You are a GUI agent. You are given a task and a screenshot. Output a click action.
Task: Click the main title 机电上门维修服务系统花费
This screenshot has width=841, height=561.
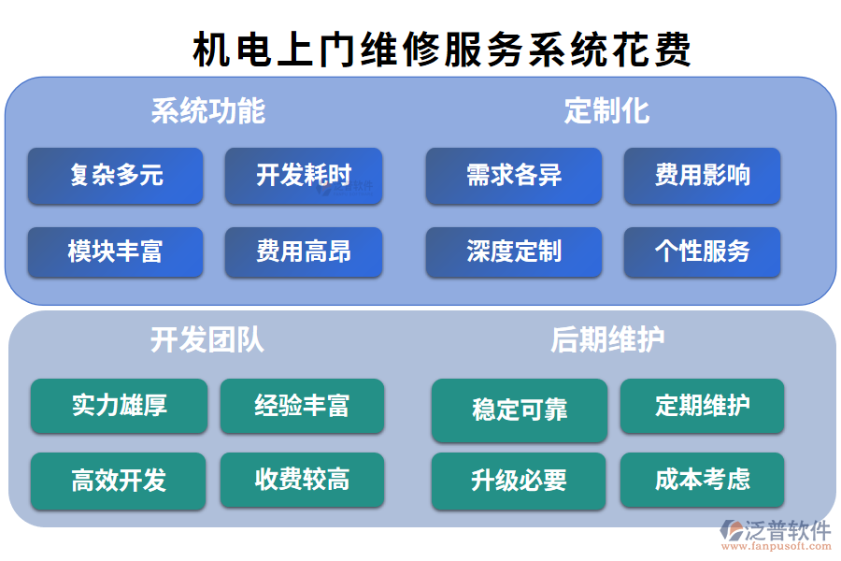441,49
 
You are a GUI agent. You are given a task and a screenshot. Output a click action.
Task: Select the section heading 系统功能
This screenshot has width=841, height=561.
207,111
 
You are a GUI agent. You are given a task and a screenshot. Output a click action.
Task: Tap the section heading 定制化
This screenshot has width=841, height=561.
606,111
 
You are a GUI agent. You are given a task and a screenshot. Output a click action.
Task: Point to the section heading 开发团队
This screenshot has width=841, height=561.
207,339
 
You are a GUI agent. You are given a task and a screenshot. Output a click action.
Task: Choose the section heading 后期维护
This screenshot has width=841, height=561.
607,339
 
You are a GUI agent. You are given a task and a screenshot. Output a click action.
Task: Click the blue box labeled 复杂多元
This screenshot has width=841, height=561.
115,176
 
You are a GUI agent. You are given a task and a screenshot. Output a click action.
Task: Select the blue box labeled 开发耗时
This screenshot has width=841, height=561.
304,176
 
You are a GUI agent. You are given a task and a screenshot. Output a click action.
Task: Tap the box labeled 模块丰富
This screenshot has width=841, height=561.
115,252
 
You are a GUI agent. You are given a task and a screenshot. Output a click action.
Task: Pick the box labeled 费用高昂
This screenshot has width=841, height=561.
304,252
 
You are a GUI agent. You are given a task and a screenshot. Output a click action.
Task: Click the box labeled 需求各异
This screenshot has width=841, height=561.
514,176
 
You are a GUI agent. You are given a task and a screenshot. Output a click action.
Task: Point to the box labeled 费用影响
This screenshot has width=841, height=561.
702,176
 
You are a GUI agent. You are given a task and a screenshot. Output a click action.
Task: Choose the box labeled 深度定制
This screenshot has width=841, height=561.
514,252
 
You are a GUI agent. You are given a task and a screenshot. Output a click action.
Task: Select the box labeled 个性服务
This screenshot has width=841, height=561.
702,252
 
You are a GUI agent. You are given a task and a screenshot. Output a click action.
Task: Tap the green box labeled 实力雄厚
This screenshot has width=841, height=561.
119,406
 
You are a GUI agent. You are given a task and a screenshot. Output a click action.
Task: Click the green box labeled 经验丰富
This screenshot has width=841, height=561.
302,406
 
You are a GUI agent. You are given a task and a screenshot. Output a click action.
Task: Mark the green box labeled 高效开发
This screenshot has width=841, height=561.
119,481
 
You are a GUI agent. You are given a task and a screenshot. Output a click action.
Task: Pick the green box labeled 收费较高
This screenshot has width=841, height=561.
302,481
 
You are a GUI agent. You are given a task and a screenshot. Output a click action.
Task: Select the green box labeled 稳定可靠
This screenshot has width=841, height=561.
520,410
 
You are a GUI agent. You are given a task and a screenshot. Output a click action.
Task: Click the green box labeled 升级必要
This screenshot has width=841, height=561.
520,481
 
